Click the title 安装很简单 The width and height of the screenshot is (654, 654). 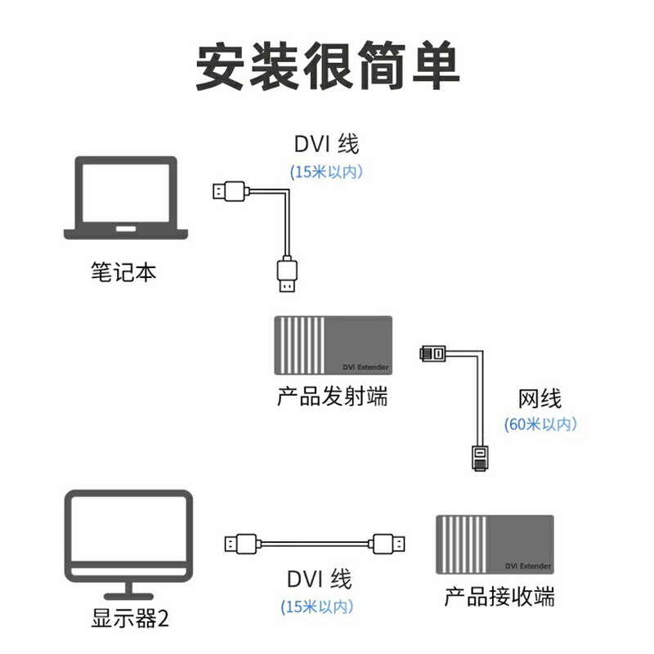pos(327,65)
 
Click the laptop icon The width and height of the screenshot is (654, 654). pos(126,199)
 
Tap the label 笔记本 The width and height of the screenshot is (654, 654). pos(123,272)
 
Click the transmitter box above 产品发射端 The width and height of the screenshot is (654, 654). pos(333,346)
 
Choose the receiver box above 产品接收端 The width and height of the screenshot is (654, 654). pos(495,544)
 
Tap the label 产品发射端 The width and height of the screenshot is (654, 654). pos(332,398)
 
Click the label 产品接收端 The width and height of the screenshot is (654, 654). pos(499,597)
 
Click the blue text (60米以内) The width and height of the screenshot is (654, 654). pos(540,424)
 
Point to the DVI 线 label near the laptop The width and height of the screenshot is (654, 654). pos(326,146)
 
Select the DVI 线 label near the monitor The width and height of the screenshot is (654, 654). pos(319,580)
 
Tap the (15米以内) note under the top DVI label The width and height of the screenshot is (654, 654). pos(326,172)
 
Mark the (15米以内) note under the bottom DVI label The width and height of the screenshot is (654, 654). pos(318,607)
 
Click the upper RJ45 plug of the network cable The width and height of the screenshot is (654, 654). pos(434,354)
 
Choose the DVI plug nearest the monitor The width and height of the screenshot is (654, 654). pos(242,544)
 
